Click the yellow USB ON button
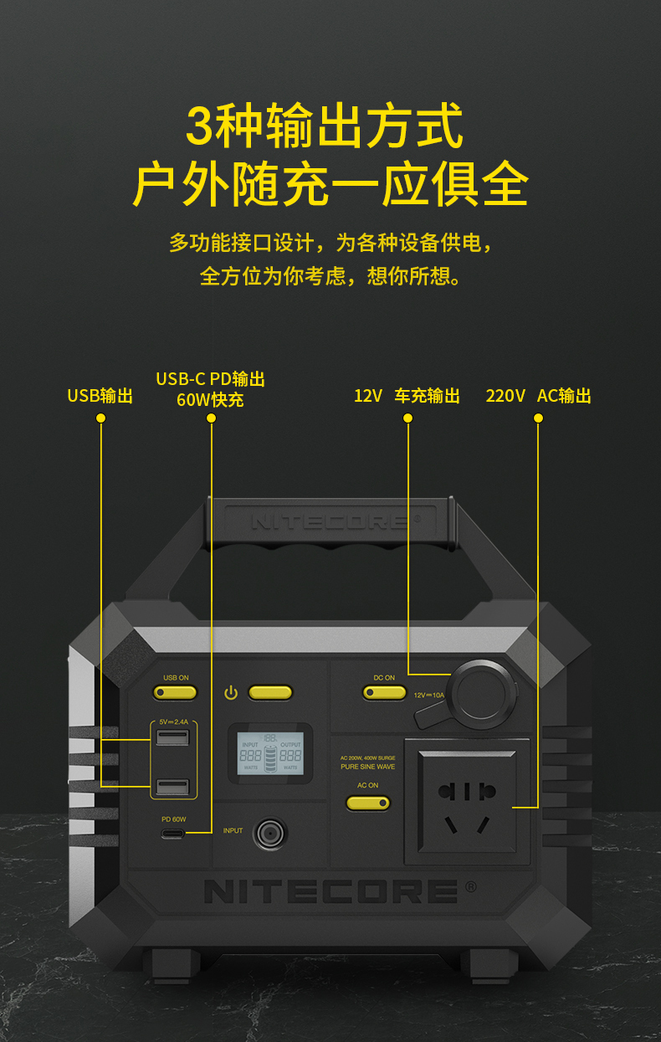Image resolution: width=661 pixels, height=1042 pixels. [x=175, y=692]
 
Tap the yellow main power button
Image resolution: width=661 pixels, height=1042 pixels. [x=270, y=692]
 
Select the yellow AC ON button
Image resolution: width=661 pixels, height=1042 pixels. [x=368, y=803]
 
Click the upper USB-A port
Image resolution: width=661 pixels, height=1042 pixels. [x=172, y=737]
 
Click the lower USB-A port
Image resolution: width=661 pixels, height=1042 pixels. [x=172, y=787]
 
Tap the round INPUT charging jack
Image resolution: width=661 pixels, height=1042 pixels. [x=269, y=833]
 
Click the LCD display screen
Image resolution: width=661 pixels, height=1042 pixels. [x=270, y=752]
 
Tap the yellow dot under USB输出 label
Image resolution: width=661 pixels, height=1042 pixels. [x=101, y=418]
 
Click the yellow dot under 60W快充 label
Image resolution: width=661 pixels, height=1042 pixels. [x=211, y=418]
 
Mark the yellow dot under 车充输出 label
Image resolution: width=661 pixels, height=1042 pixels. [x=407, y=418]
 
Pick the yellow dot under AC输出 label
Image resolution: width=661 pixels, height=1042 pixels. [x=538, y=418]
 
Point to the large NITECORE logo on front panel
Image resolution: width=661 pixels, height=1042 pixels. [x=330, y=891]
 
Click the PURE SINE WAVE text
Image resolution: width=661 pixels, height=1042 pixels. [x=368, y=767]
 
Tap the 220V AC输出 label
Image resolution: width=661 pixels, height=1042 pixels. [x=538, y=396]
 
